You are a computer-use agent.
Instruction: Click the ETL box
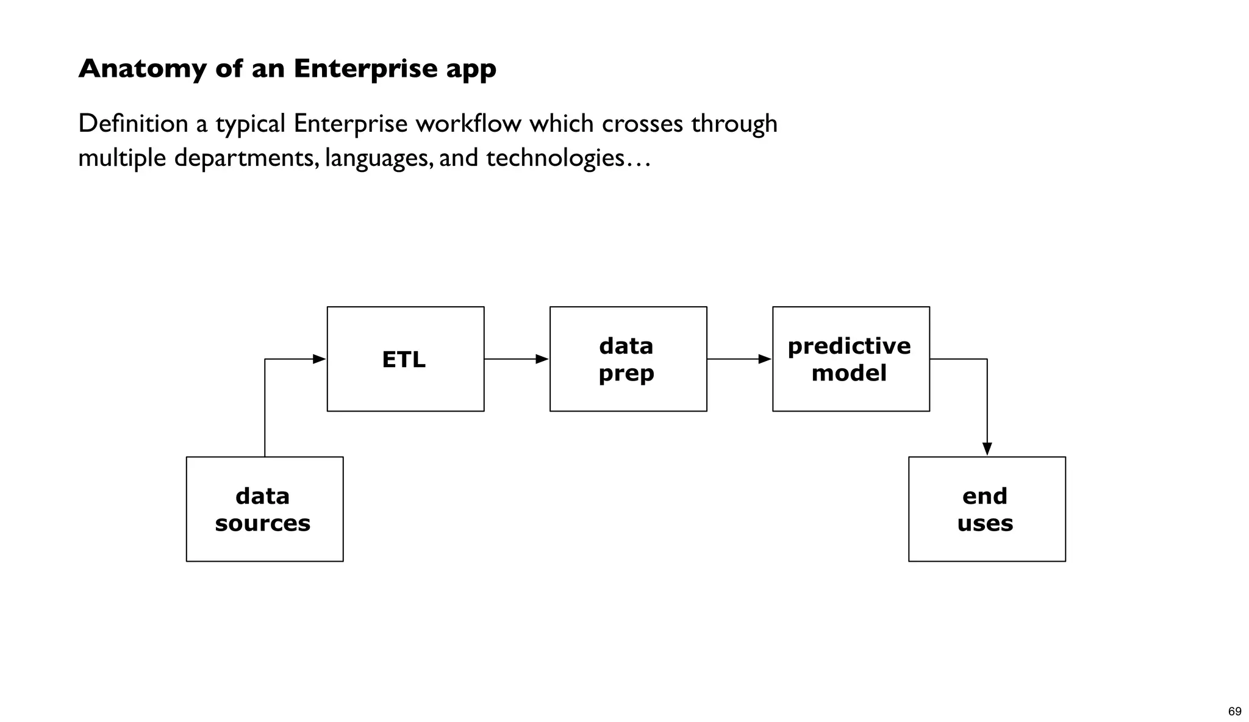[x=406, y=359]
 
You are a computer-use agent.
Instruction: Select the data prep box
[x=628, y=359]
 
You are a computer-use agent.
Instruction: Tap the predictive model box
[x=851, y=359]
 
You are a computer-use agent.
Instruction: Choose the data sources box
[x=265, y=509]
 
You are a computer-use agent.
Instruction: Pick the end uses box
[x=987, y=509]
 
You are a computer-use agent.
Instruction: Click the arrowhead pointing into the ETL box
[x=320, y=359]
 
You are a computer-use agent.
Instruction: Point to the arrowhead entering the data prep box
[x=542, y=359]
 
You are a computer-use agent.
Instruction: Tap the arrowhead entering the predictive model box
[x=765, y=359]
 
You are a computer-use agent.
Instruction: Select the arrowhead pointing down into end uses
[x=987, y=449]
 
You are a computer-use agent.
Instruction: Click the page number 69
[x=1234, y=712]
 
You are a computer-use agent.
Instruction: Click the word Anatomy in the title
[x=142, y=69]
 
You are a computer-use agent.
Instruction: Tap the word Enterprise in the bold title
[x=365, y=69]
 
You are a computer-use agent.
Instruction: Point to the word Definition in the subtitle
[x=133, y=124]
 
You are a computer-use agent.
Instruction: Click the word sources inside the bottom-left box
[x=263, y=523]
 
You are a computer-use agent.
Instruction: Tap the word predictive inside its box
[x=849, y=346]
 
